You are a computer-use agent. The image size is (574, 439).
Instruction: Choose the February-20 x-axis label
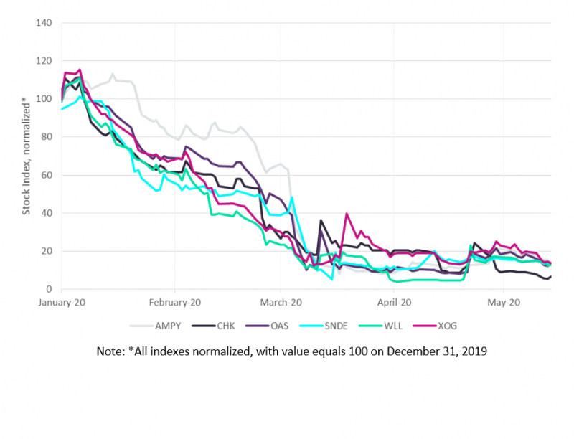175,303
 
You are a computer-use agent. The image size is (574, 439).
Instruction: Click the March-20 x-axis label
281,303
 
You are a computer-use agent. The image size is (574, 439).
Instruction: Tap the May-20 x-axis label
504,303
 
